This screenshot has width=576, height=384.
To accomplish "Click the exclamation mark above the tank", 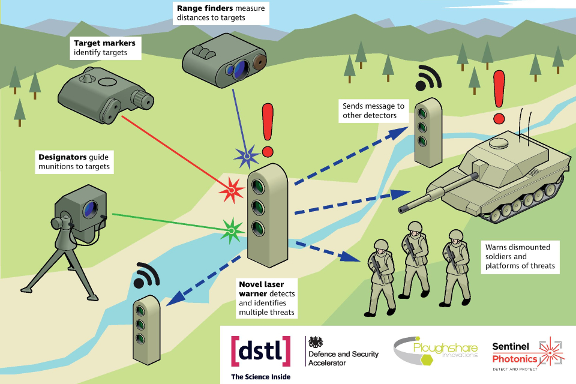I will tap(497, 96).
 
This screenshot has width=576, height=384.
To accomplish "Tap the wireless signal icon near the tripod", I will tap(146, 277).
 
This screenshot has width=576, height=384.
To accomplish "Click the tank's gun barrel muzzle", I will tap(403, 208).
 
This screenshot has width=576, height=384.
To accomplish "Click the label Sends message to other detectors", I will tap(373, 110).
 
